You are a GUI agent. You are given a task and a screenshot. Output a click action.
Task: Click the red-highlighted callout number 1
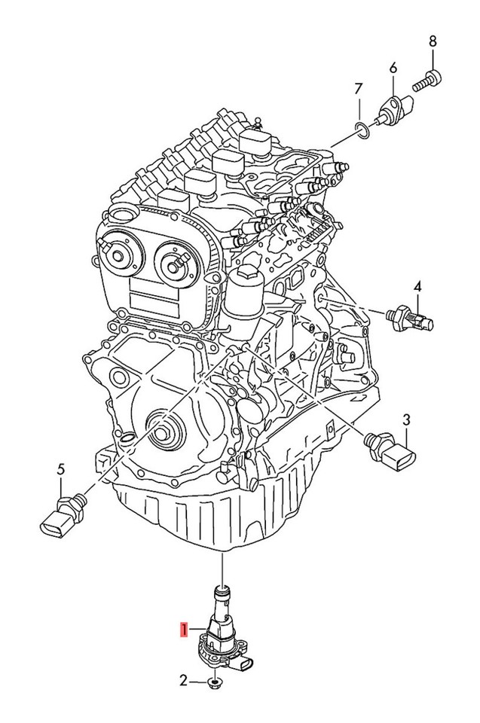[x=184, y=630]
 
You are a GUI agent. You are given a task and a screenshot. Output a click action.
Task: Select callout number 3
[x=406, y=419]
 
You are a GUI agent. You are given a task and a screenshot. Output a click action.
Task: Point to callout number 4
[x=417, y=286]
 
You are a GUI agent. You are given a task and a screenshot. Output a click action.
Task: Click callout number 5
[x=61, y=470]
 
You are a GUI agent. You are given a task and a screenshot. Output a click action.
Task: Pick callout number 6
[x=393, y=68]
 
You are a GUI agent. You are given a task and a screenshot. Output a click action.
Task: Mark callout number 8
[x=433, y=41]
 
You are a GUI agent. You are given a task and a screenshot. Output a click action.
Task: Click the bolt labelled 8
[x=427, y=81]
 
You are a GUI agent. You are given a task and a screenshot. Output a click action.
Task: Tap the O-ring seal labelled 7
[x=362, y=130]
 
